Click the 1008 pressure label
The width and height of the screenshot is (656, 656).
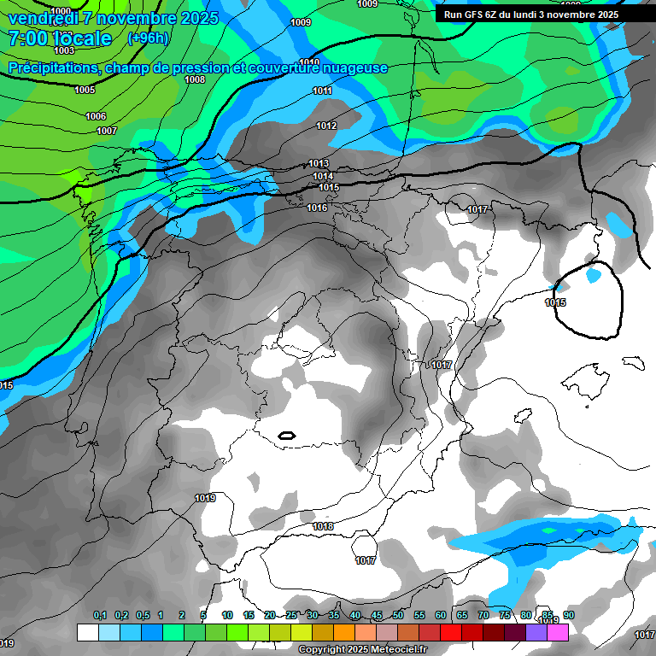point(195,79)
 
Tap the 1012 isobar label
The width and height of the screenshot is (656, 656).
point(326,126)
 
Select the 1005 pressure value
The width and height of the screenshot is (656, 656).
point(85,90)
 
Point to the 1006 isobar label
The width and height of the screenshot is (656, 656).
point(96,116)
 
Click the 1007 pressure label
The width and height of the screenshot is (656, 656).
point(107,131)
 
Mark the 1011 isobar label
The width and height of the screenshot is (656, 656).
point(322,91)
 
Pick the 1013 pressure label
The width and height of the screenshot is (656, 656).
point(319,163)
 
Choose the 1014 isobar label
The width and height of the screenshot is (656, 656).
point(323,176)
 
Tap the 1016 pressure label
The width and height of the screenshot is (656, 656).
point(317,208)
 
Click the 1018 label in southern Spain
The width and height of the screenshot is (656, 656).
point(323,526)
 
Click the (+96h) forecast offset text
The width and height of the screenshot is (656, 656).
point(148,38)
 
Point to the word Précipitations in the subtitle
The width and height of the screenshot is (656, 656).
point(51,67)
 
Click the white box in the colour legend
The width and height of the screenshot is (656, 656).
point(87,632)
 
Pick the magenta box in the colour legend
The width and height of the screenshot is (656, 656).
point(558,632)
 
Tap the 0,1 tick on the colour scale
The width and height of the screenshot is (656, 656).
point(100,615)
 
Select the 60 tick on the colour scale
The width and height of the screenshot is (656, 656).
point(441,615)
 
